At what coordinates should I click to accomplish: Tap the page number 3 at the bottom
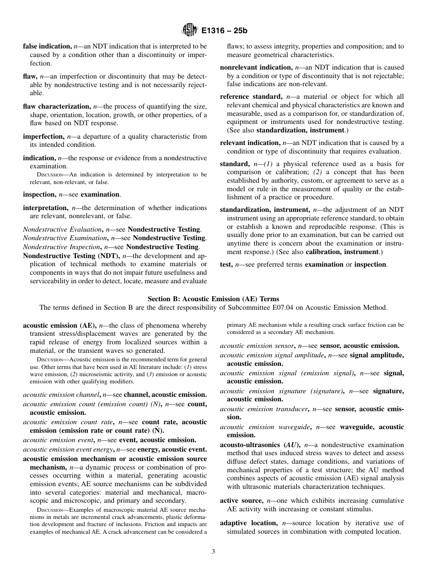coord(213,552)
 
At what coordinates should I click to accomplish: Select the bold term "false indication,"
coord(47,46)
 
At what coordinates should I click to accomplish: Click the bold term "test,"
coord(226,264)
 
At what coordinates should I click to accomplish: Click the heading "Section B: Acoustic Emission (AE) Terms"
coord(213,299)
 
